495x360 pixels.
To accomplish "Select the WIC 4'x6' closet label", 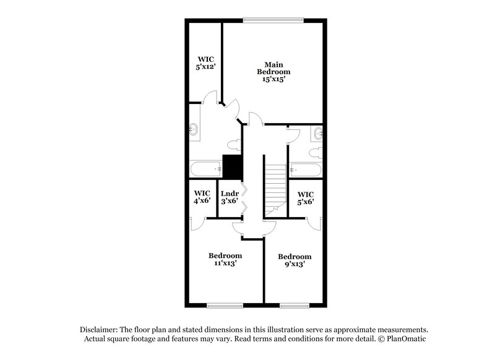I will [x=202, y=197].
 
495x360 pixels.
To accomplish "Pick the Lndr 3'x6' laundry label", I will [x=230, y=197].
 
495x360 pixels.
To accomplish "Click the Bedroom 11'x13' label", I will [x=225, y=259].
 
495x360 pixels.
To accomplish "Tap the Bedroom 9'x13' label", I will [x=294, y=260].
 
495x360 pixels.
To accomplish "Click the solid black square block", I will [x=231, y=166].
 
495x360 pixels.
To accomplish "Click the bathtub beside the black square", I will [x=205, y=168].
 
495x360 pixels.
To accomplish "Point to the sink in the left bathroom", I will [x=193, y=130].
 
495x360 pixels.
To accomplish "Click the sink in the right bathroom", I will [x=319, y=132].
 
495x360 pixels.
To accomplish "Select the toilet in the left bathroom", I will [x=233, y=145].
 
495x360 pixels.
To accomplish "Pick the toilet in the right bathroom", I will [x=313, y=152].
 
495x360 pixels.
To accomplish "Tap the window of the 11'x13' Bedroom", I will [x=222, y=305].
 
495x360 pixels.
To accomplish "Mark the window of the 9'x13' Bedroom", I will [x=294, y=305].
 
